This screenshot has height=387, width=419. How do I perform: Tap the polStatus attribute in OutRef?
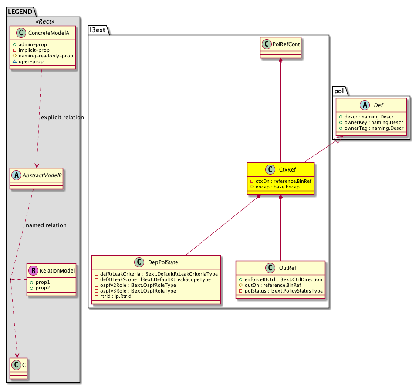click(x=280, y=291)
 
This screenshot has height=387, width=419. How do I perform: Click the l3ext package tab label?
click(x=97, y=30)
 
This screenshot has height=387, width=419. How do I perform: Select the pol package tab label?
click(x=338, y=91)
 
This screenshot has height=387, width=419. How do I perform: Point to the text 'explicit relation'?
click(x=62, y=118)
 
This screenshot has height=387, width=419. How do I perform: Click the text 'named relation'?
click(x=46, y=225)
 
